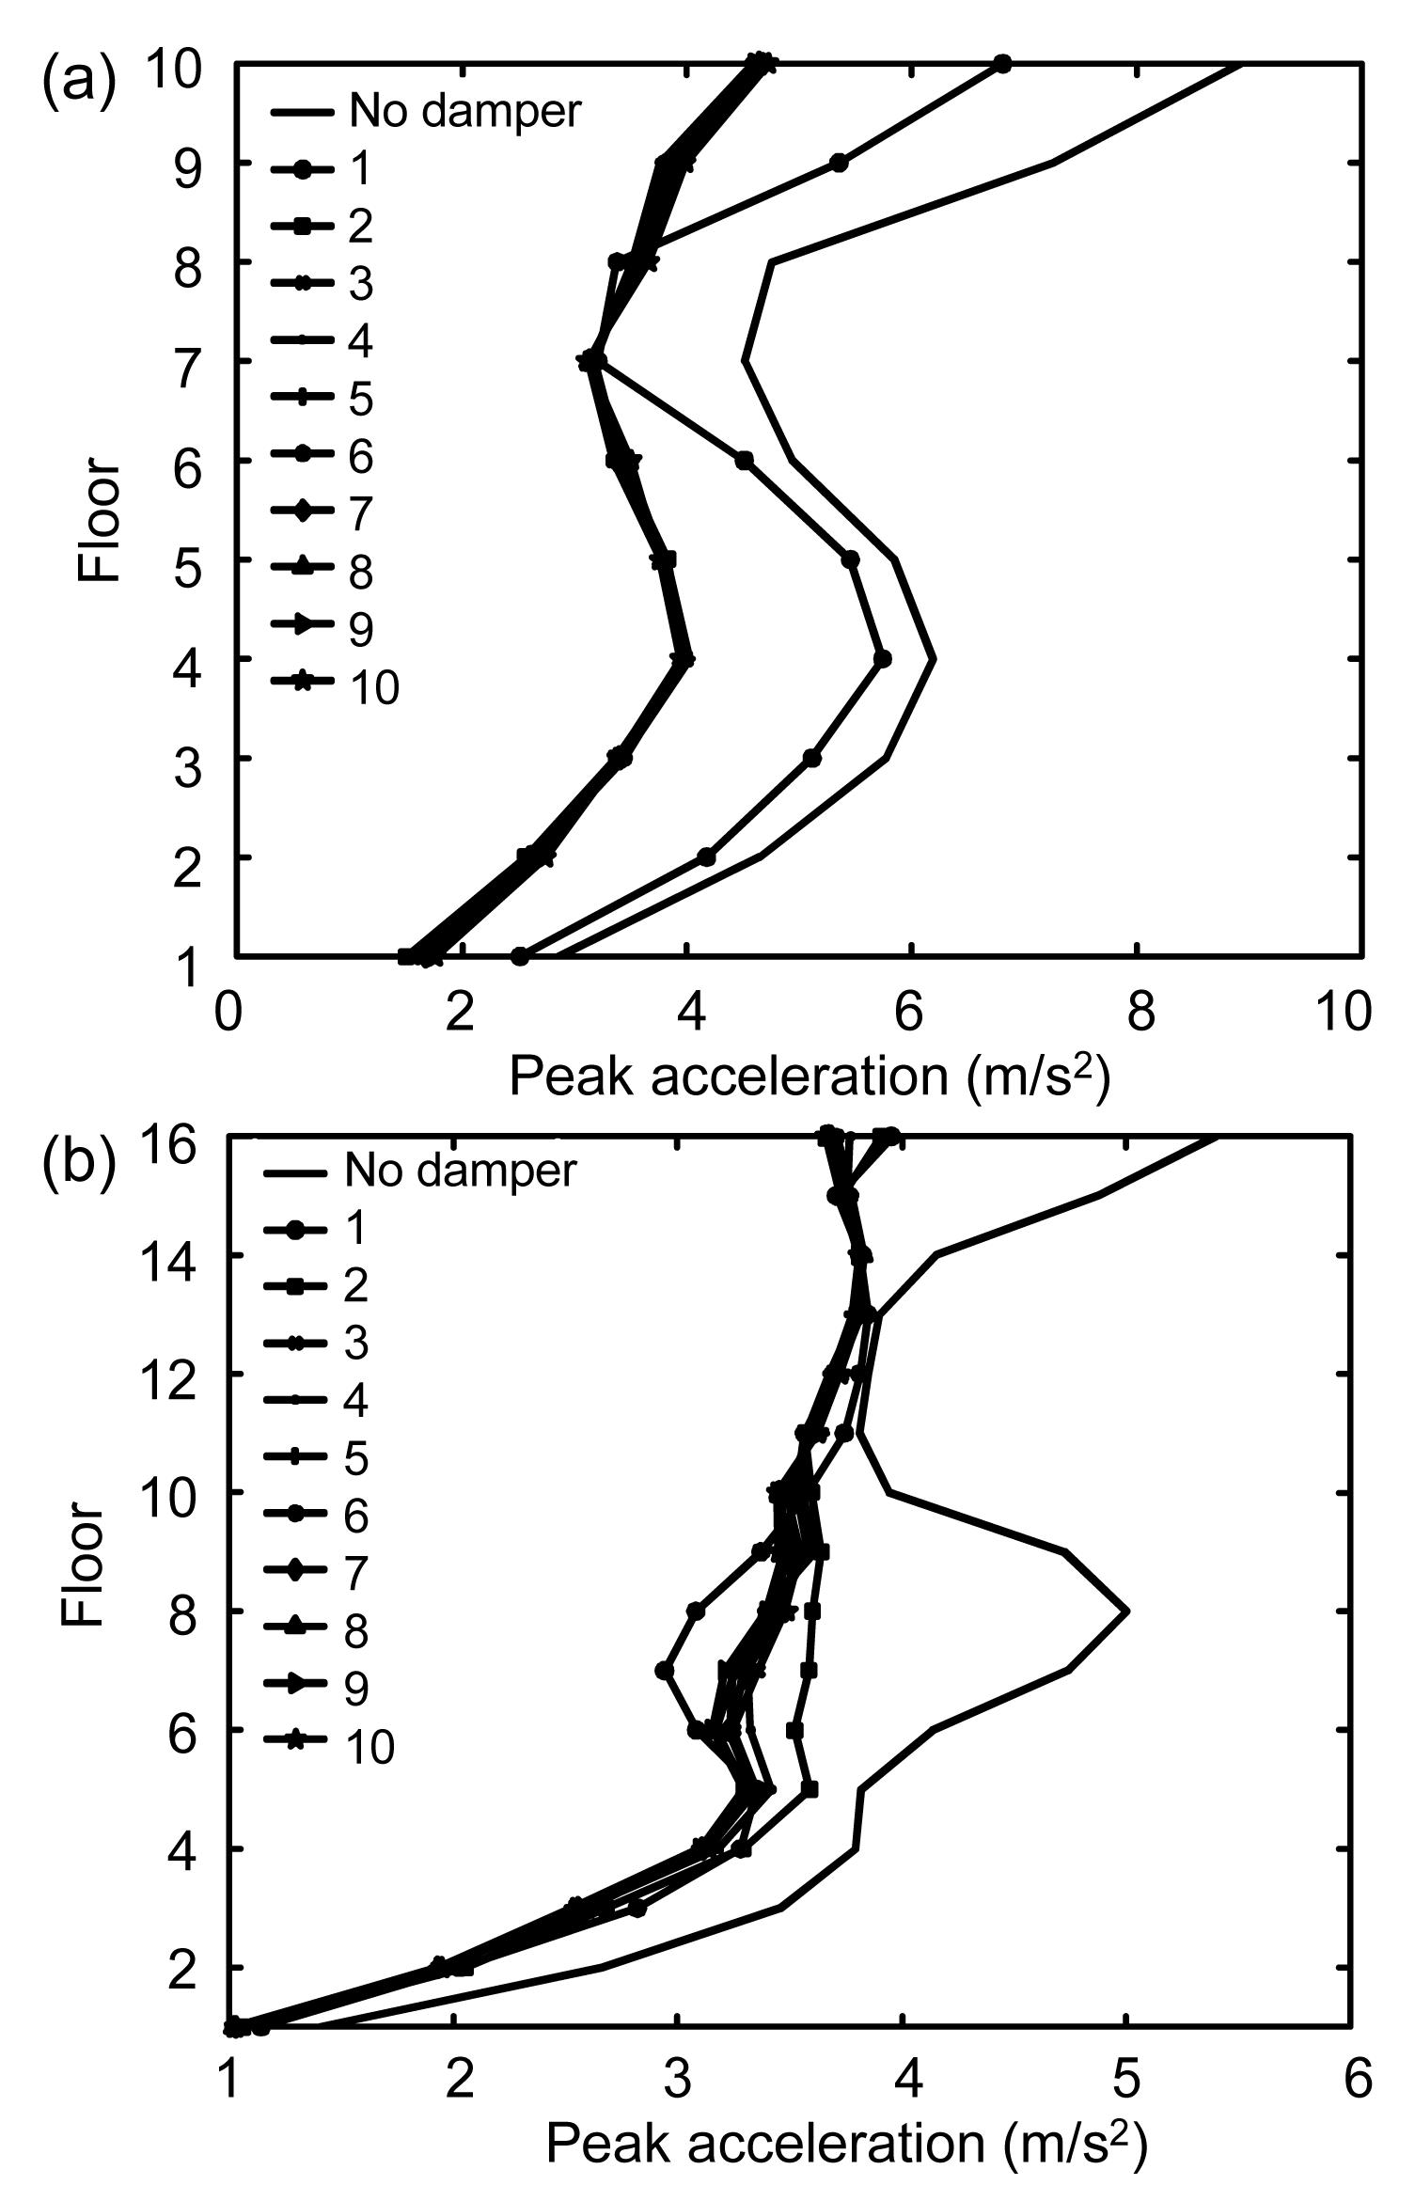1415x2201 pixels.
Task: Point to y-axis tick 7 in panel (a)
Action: pyautogui.click(x=186, y=361)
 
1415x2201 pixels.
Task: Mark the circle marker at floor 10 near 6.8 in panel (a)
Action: pyautogui.click(x=1002, y=64)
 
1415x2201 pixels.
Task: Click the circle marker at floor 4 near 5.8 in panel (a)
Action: pyautogui.click(x=882, y=658)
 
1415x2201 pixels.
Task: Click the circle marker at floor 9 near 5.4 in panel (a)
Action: pyautogui.click(x=839, y=163)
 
